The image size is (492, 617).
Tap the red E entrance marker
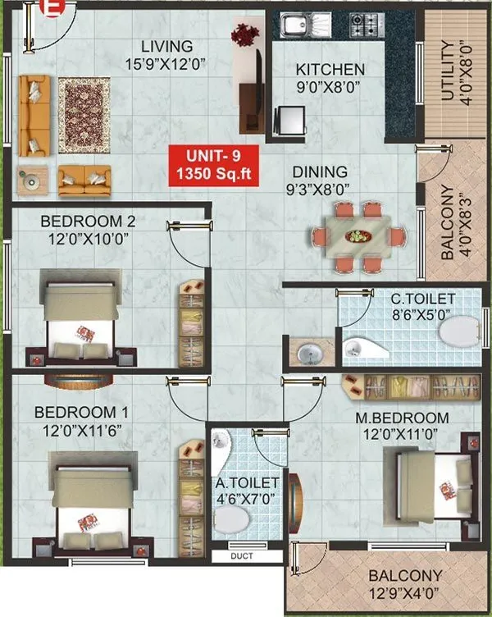coord(55,11)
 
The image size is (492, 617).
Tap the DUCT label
coord(242,556)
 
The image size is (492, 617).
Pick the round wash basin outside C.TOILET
coord(309,354)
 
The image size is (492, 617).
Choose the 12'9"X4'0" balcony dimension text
coord(405,595)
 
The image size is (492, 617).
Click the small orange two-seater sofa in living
coord(84,175)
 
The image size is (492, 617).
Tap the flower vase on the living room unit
coord(243,35)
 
